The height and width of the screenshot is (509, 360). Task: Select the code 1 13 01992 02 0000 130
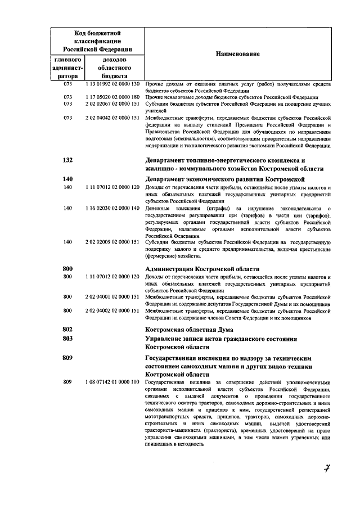(112, 84)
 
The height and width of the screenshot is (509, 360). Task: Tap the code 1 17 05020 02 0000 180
(112, 97)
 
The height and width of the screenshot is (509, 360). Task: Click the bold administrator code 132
(68, 160)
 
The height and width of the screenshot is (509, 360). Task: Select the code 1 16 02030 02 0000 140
(112, 208)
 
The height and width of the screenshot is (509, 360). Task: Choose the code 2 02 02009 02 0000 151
(112, 241)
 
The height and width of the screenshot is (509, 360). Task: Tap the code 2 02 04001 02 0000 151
(112, 296)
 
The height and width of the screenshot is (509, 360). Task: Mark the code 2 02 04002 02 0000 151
(112, 310)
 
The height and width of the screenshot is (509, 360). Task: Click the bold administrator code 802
(68, 328)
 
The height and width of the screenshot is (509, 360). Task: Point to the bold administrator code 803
(68, 339)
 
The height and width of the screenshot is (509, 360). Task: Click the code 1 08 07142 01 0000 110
(112, 382)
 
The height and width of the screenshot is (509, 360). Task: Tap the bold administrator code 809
(68, 358)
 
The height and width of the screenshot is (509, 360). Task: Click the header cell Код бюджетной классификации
(98, 41)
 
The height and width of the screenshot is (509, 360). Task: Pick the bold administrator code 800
(68, 269)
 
